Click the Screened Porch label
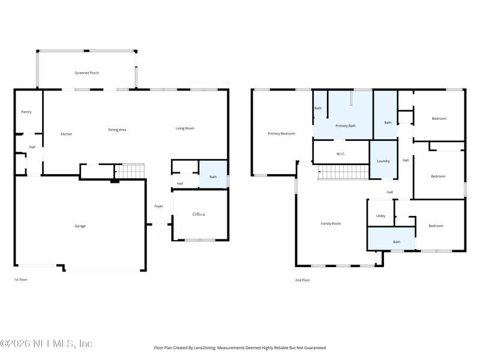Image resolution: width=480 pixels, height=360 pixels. [86, 73]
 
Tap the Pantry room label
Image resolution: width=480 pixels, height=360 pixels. [26, 112]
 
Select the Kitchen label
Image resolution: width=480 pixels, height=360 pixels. [66, 134]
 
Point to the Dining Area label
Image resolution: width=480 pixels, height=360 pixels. [117, 130]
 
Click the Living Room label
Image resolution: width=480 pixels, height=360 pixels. [185, 128]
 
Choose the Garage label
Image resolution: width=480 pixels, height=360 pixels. [80, 226]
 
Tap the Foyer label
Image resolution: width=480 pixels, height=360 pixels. [158, 206]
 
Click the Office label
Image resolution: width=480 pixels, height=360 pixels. [199, 214]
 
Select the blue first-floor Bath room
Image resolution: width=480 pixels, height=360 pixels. [213, 174]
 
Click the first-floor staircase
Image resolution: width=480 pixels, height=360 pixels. [129, 171]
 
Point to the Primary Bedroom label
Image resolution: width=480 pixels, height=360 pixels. [281, 133]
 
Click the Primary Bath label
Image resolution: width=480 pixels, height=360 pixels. [346, 125]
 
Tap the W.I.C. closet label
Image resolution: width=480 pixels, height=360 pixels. [341, 154]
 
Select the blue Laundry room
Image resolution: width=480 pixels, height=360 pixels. [383, 160]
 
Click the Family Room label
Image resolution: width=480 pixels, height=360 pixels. [331, 223]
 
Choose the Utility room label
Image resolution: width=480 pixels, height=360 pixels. [380, 216]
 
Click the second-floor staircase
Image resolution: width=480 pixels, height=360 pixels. [343, 172]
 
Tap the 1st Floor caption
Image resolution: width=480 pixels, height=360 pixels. [20, 280]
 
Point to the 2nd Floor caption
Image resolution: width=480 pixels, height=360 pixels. [302, 280]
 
